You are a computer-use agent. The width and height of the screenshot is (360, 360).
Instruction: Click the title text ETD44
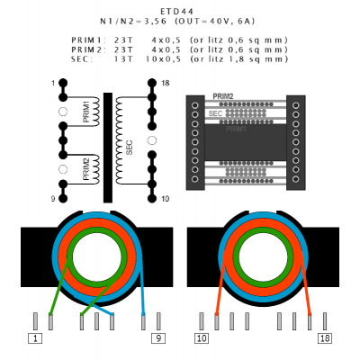coord(176,12)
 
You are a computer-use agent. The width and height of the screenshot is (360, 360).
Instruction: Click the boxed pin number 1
coord(35,338)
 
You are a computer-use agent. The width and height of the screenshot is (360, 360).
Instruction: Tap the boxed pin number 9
coord(158,338)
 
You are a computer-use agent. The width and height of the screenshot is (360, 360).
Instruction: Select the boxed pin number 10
coord(202,338)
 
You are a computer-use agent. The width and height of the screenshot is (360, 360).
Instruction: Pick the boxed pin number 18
coord(325,338)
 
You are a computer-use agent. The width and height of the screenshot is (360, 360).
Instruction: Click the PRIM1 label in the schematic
coord(86,112)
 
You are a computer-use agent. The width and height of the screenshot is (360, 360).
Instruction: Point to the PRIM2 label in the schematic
coord(86,169)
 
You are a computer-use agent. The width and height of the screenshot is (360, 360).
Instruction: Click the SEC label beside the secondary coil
coord(130,148)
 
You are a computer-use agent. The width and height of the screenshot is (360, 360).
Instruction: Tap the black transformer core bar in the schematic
coord(108,148)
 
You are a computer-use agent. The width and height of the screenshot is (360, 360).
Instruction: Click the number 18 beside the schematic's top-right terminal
coord(166,83)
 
